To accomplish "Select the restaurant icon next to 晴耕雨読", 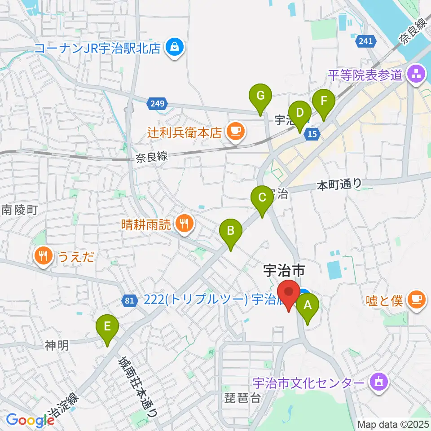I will click(x=184, y=223).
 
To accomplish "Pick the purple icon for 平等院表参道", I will click(x=415, y=74).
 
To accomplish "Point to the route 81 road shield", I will click(x=129, y=300).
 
